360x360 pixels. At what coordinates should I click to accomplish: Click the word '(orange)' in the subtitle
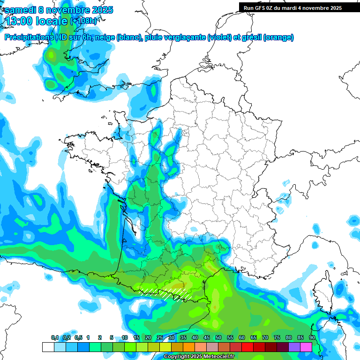(x=278, y=37)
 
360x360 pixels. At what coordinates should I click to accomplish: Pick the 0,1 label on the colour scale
(x=55, y=337)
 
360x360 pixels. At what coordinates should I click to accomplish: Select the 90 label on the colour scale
(x=312, y=337)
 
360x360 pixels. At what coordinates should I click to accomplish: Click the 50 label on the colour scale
(x=218, y=337)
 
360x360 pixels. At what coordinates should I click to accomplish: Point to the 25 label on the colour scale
(x=160, y=337)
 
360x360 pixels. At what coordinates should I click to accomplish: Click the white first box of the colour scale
(x=48, y=347)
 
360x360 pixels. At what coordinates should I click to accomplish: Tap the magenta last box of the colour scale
(x=306, y=347)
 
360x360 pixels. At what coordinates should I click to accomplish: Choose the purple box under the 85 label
(x=294, y=347)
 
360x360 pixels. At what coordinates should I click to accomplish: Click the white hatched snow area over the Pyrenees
(x=169, y=294)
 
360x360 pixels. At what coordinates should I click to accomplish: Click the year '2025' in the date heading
(x=99, y=10)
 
